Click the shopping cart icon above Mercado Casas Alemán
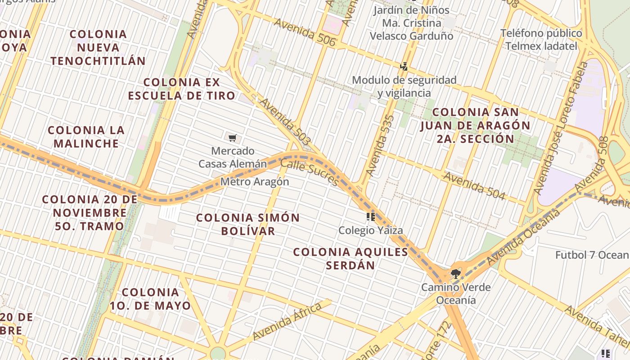(x=232, y=138)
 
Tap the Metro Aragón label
(x=255, y=182)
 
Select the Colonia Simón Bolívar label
(x=248, y=224)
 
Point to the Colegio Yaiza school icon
(x=371, y=217)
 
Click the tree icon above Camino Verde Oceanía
(x=455, y=273)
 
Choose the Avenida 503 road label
(x=284, y=122)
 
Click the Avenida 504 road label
(x=474, y=185)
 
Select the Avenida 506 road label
(x=304, y=32)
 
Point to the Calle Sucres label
(x=309, y=172)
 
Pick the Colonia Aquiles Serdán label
(x=351, y=258)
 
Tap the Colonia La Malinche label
(x=86, y=137)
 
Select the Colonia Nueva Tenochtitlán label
(x=98, y=47)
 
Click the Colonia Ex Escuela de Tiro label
(x=181, y=89)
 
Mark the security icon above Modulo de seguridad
(x=404, y=67)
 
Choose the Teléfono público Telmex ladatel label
(x=541, y=40)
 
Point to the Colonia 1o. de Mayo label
(x=150, y=299)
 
